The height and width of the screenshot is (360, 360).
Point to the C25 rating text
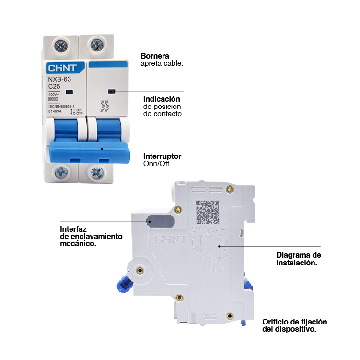click(x=54, y=86)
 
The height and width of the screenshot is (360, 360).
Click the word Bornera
click(x=155, y=56)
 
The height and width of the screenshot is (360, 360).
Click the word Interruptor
click(x=163, y=156)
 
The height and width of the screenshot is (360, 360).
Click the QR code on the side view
click(x=208, y=212)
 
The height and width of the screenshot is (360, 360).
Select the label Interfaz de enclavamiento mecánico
click(x=91, y=236)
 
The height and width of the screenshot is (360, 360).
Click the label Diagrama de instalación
click(x=299, y=259)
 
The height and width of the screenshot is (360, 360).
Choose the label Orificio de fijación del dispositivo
click(x=294, y=325)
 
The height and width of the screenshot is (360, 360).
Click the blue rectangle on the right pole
click(x=108, y=64)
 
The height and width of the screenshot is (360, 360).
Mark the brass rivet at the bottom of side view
click(x=231, y=316)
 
